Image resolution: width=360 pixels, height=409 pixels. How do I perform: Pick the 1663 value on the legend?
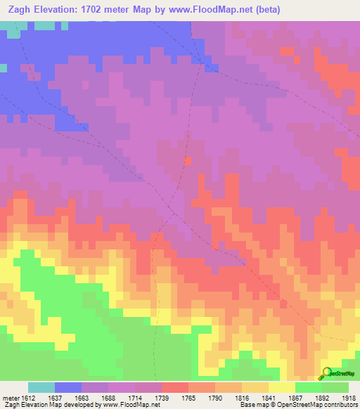tap(81, 398)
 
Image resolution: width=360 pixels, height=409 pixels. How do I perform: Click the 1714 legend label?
tap(134, 398)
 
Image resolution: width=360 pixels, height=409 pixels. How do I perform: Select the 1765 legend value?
tap(188, 398)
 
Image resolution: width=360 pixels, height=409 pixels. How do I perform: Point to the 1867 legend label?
tap(295, 398)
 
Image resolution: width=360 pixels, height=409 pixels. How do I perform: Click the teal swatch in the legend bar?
tap(41, 387)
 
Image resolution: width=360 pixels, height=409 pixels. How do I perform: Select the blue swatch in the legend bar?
tap(68, 387)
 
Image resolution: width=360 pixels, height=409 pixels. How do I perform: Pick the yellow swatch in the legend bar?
tap(282, 387)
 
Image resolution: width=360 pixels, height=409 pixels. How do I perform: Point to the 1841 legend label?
tap(268, 398)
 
